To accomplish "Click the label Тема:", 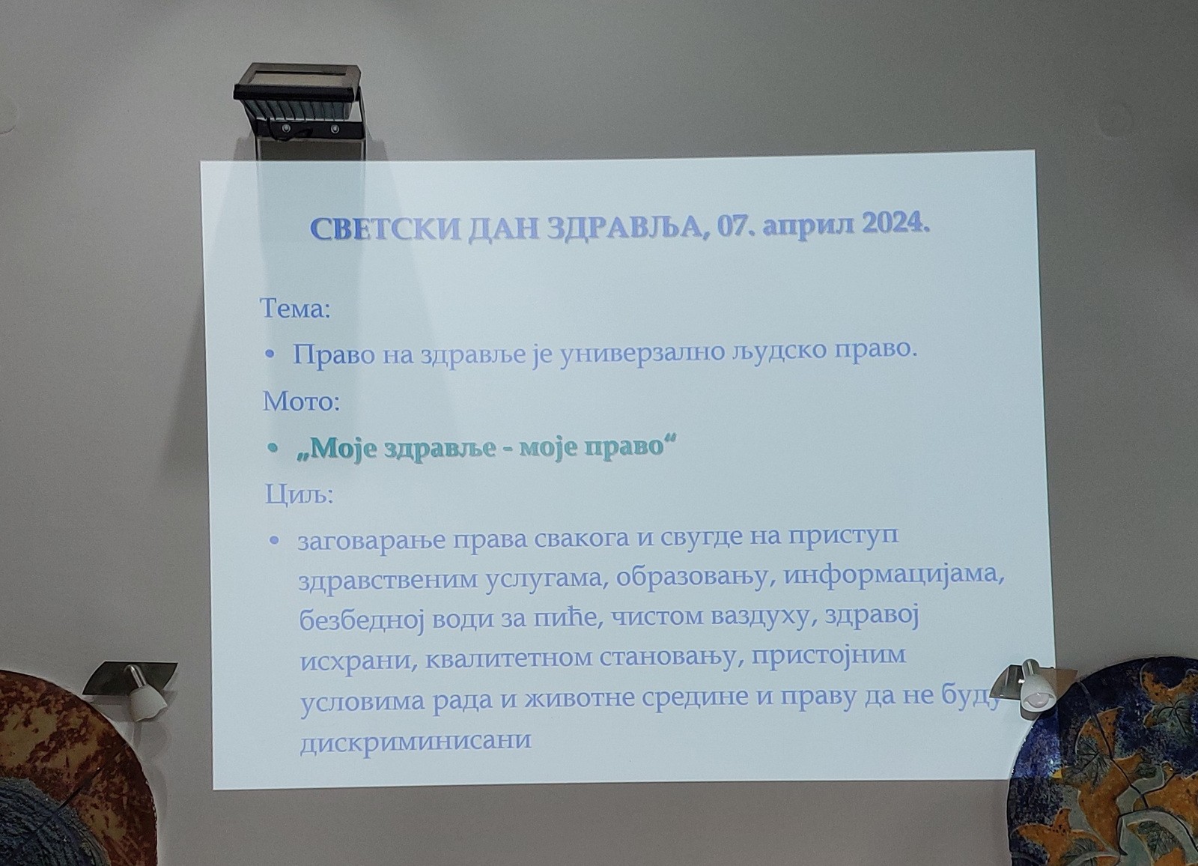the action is click(x=295, y=309).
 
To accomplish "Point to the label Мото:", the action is click(x=301, y=402).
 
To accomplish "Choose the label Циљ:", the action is click(x=299, y=496).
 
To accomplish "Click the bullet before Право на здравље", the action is click(x=270, y=354).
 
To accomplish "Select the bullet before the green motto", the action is click(x=273, y=447).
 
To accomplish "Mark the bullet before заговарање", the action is click(x=275, y=541).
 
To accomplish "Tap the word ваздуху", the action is click(x=764, y=618).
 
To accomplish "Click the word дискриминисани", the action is click(x=416, y=740).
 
